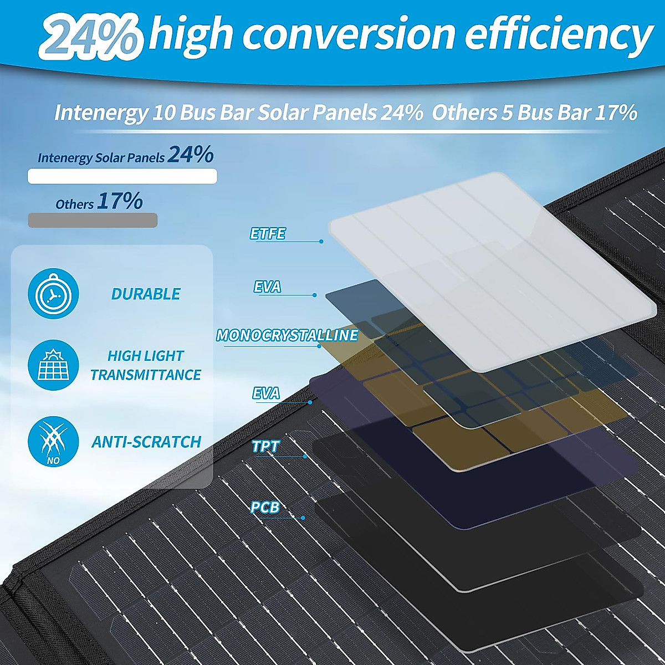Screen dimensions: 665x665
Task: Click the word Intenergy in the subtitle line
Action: click(x=100, y=112)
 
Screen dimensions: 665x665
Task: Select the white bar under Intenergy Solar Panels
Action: click(x=122, y=176)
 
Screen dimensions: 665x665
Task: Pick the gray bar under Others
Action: click(x=93, y=220)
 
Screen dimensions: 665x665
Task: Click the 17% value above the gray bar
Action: click(x=120, y=201)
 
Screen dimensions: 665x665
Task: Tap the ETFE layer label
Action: click(x=267, y=234)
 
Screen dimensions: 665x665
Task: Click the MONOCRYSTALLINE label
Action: click(x=287, y=335)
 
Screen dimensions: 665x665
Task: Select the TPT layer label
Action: click(x=265, y=447)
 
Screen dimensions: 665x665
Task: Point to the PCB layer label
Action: click(x=265, y=507)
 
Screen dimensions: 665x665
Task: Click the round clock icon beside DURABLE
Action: click(x=53, y=294)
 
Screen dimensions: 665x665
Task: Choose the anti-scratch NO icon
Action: click(x=53, y=442)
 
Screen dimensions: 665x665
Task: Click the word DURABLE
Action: click(x=146, y=294)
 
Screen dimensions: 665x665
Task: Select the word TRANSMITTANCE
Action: click(x=146, y=375)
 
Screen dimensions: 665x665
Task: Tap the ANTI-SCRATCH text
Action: click(x=146, y=442)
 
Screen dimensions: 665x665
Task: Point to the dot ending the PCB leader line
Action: click(x=303, y=518)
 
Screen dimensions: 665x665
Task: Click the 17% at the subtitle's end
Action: click(x=616, y=112)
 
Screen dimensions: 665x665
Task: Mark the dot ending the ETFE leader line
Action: click(x=321, y=242)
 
